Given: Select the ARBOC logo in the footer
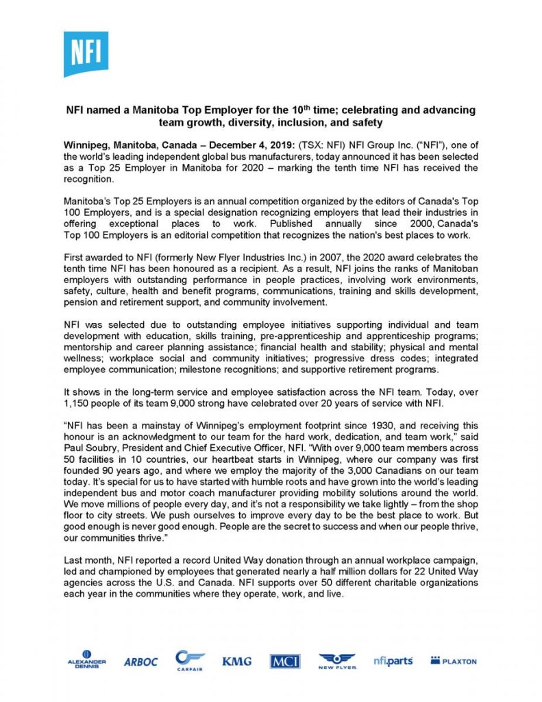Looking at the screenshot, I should click(x=140, y=662).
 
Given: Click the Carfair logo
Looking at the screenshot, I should click(x=190, y=660).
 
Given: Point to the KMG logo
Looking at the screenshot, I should click(x=236, y=662).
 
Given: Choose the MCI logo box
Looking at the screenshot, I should click(x=284, y=662).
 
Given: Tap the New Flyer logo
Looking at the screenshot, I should click(x=336, y=661).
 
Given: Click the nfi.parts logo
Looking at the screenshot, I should click(x=393, y=661).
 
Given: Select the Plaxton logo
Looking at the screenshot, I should click(x=453, y=661).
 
